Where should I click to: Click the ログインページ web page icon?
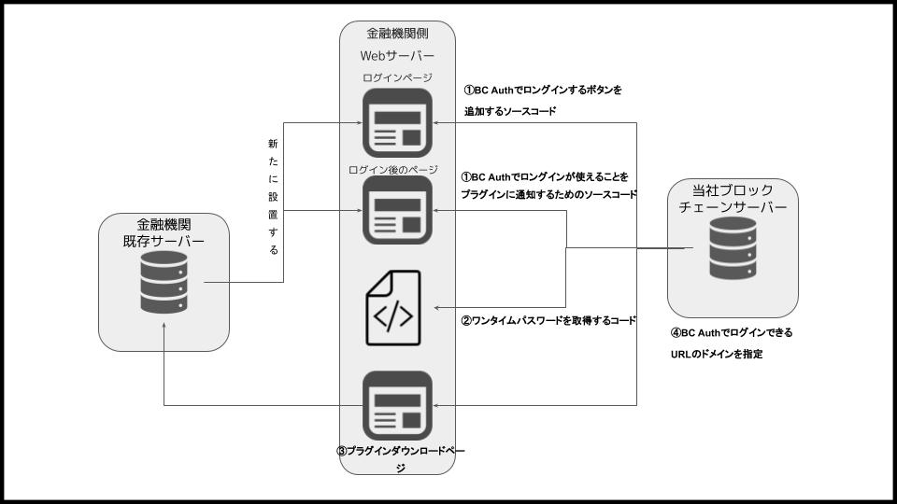tap(397, 122)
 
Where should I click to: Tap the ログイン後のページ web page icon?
tap(397, 211)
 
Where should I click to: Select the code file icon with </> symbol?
tap(392, 309)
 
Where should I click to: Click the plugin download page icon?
tap(397, 405)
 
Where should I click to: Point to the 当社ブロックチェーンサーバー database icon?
tap(732, 249)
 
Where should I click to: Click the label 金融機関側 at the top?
tap(397, 34)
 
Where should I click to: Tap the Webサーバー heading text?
tap(397, 55)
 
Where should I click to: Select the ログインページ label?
tap(396, 78)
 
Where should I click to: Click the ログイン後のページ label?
tap(393, 169)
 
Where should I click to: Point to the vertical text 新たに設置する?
tap(273, 198)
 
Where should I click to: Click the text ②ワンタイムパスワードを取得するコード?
tap(548, 320)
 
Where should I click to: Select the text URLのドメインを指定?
tap(711, 355)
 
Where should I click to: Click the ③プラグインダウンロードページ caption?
tap(401, 458)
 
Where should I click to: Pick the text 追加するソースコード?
tap(510, 111)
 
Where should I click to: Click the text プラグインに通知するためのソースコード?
tap(548, 195)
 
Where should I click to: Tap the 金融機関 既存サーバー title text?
tap(164, 232)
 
